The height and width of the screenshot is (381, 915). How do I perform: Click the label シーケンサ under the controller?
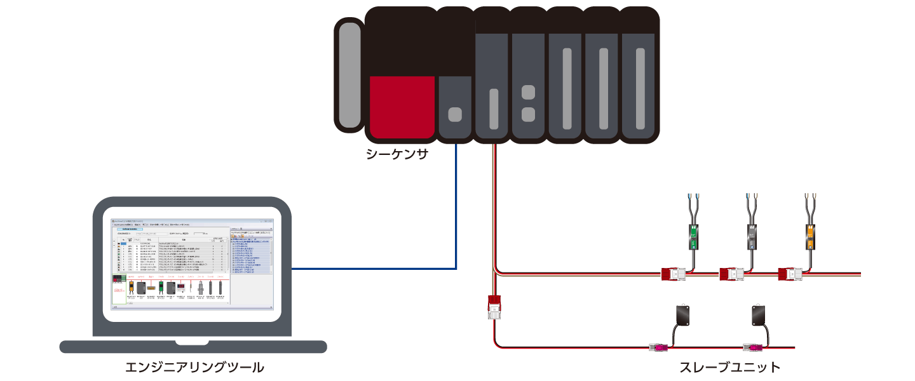pos(396,154)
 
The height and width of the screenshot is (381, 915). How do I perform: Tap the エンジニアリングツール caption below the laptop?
pos(194,367)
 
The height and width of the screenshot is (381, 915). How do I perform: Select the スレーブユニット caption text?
pos(730,367)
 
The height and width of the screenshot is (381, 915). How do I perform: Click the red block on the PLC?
pos(402,106)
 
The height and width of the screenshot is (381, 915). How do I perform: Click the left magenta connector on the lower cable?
pos(658,347)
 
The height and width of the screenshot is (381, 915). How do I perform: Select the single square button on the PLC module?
pos(455,114)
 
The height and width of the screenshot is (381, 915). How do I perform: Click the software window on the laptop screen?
pos(192,263)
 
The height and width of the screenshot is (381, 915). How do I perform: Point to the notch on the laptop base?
pos(193,344)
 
